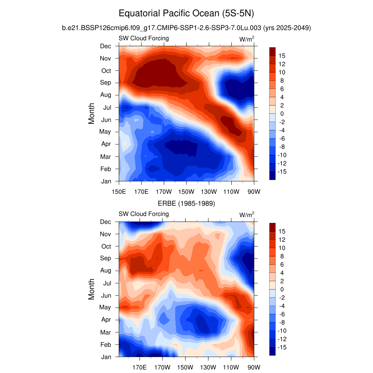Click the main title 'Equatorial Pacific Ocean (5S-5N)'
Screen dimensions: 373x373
[x=186, y=14]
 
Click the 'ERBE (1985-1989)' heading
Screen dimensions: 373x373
[x=186, y=204]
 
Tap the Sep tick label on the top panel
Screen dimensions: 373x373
[x=106, y=83]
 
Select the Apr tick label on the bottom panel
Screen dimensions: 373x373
[x=106, y=320]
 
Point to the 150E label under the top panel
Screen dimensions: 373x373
[x=119, y=192]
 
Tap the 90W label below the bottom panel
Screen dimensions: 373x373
[x=254, y=367]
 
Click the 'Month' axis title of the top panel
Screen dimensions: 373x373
[x=91, y=113]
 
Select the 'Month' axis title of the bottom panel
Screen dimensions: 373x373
[x=91, y=289]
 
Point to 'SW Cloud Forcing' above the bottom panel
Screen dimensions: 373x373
[x=144, y=214]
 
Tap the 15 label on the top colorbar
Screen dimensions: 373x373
[x=282, y=56]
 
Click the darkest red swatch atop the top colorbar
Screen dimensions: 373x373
[x=272, y=51]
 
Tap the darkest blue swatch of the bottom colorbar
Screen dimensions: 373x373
[x=272, y=351]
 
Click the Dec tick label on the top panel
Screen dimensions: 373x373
[x=106, y=46]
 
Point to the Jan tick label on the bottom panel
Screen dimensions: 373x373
[x=106, y=357]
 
